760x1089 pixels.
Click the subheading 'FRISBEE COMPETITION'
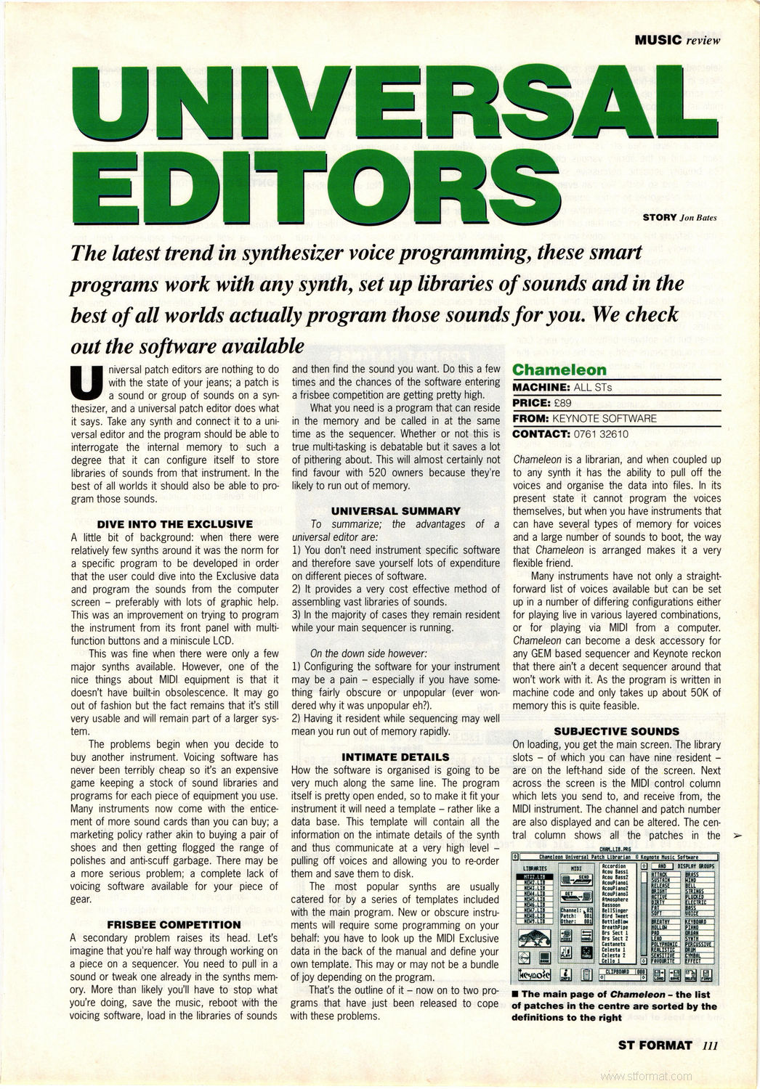click(x=174, y=924)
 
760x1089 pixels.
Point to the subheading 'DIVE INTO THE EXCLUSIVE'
click(x=174, y=523)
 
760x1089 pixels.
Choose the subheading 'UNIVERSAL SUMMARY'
click(x=395, y=510)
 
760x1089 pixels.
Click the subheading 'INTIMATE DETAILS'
click(x=395, y=756)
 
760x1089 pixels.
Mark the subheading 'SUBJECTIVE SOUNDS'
click(x=616, y=731)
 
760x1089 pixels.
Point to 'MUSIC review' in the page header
click(x=677, y=40)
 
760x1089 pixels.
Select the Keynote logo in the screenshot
click(x=534, y=974)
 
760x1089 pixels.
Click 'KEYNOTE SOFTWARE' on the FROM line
click(x=605, y=418)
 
